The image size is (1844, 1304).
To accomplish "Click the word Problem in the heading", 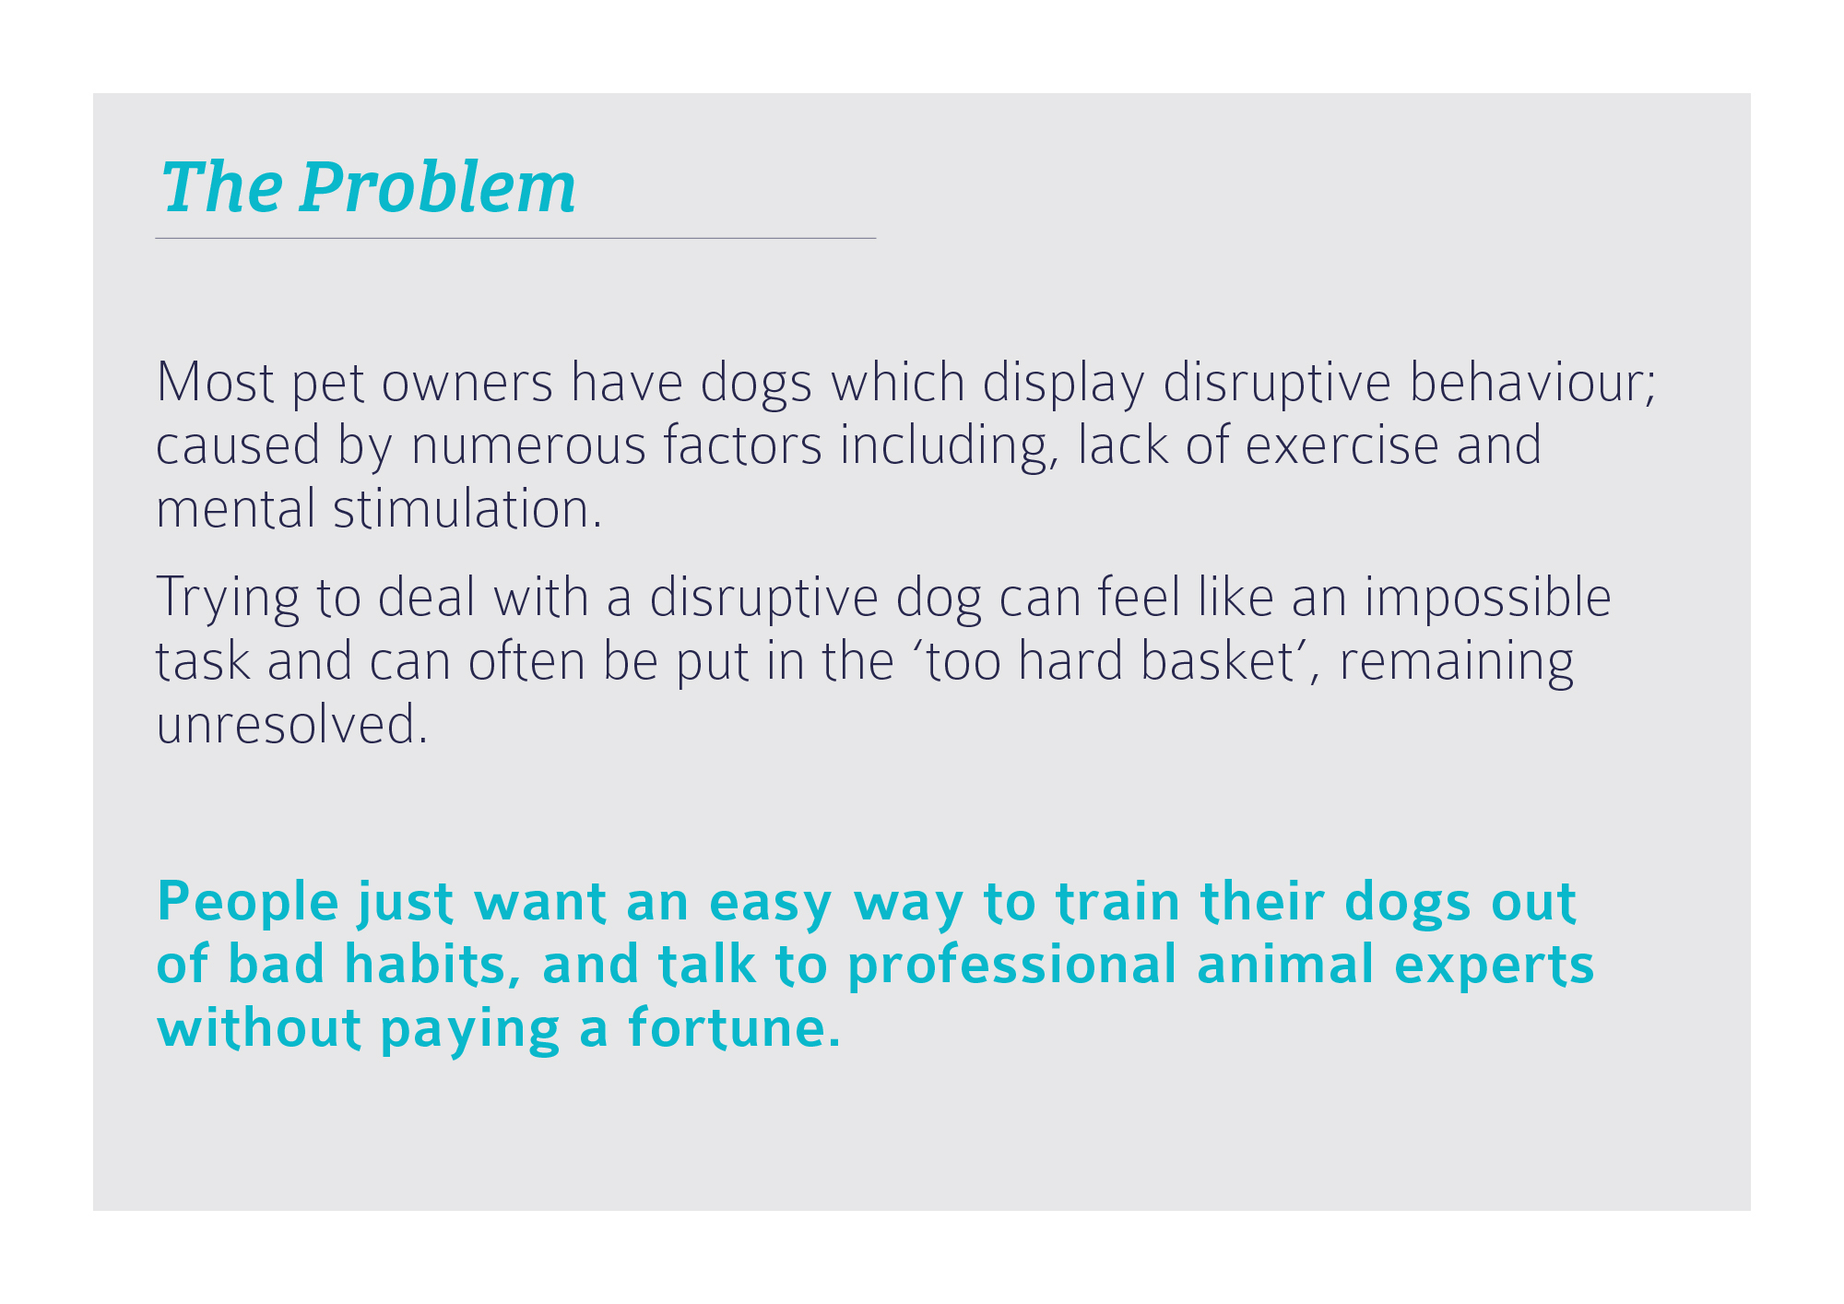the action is click(x=438, y=187).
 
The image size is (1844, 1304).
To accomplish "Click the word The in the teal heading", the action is click(x=221, y=187).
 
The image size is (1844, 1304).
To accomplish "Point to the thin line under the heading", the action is click(x=515, y=238).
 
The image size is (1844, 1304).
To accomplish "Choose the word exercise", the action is click(x=1342, y=445).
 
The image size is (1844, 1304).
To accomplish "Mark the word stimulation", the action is click(x=468, y=509).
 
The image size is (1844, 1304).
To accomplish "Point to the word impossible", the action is click(x=1488, y=598).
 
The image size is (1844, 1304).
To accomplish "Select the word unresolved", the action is click(x=292, y=725).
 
